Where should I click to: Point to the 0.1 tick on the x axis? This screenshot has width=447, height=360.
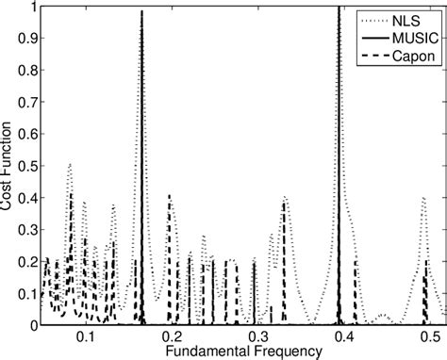click(86, 335)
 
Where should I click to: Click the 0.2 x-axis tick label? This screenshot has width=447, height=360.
click(172, 335)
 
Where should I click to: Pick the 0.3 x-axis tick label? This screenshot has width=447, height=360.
click(257, 335)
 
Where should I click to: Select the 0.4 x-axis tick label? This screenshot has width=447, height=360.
click(343, 335)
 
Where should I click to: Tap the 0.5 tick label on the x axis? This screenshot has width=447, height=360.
click(429, 335)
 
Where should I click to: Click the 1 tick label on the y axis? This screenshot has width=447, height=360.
click(34, 8)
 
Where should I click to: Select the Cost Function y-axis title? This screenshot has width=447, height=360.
click(8, 166)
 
